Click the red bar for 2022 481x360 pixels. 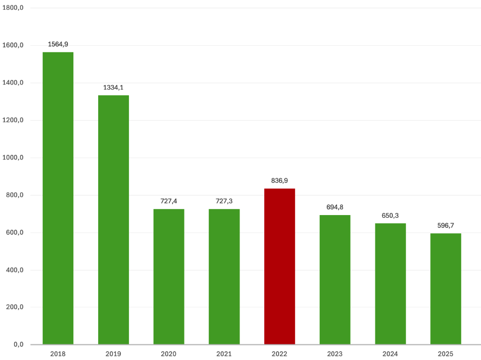[279, 266]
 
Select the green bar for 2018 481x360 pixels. [58, 198]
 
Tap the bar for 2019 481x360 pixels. [113, 220]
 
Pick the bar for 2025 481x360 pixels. [446, 289]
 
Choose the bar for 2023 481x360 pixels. [335, 280]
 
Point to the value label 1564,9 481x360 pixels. [58, 45]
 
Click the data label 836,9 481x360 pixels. [279, 181]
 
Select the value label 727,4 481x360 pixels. [169, 201]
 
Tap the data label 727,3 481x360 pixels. [224, 201]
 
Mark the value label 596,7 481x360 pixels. [446, 226]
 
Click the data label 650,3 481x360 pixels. [390, 216]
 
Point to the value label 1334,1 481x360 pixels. [113, 88]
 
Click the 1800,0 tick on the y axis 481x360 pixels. [13, 8]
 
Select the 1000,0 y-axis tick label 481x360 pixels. [13, 157]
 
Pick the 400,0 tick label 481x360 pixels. [15, 270]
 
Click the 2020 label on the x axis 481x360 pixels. [169, 354]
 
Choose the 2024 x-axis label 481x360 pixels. [390, 354]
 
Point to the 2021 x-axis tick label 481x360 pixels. [224, 354]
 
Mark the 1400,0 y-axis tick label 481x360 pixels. [13, 82]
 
